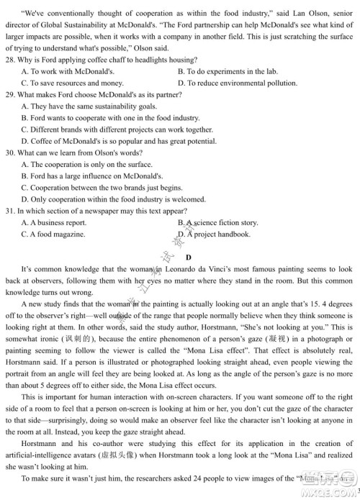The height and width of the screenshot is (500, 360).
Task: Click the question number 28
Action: [x=9, y=60]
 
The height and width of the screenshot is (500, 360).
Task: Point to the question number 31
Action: [x=9, y=211]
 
